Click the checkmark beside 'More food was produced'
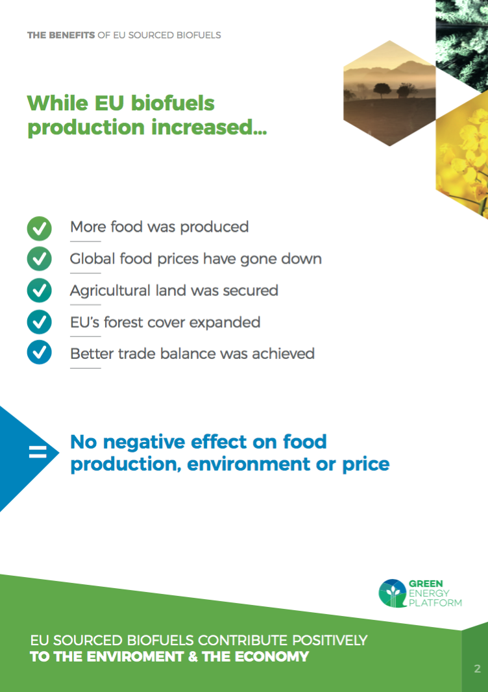[x=40, y=228]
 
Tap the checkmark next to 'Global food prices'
[x=40, y=258]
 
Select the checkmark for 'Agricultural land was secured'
[x=40, y=290]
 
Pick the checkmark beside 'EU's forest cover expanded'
[x=40, y=322]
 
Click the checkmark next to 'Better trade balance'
[x=40, y=352]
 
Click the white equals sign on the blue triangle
[x=38, y=452]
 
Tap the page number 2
[x=477, y=669]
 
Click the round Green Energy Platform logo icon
[x=392, y=593]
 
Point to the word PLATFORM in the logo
[x=435, y=603]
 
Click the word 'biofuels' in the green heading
[x=173, y=103]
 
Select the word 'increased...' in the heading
[x=209, y=127]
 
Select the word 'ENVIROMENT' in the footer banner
[x=134, y=657]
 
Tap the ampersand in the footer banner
[x=192, y=657]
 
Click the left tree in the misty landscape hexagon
[x=382, y=90]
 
